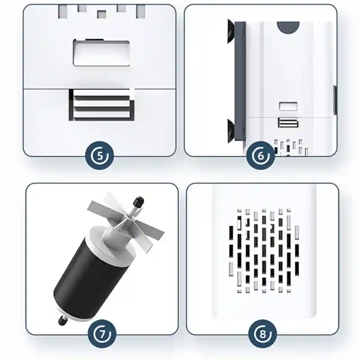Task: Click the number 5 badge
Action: tap(99, 156)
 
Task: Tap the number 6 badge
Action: tap(261, 156)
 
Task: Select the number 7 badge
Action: tap(102, 334)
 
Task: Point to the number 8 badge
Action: tap(263, 334)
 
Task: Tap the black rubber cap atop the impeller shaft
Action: tap(138, 201)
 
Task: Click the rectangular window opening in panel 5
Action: tap(101, 53)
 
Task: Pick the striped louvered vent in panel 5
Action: tap(101, 105)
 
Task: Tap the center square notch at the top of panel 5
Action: tap(101, 14)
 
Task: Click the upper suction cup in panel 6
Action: tap(231, 31)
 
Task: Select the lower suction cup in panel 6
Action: tap(231, 130)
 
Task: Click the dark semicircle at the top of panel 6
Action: tap(288, 27)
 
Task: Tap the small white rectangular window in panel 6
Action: tap(288, 106)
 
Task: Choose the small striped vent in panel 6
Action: tap(288, 122)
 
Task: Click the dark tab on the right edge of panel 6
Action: tap(335, 100)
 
